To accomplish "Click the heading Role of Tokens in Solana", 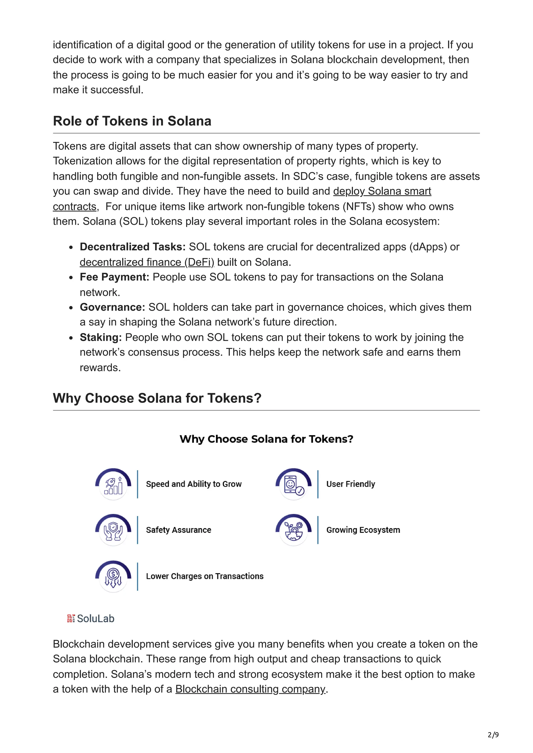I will pyautogui.click(x=132, y=121).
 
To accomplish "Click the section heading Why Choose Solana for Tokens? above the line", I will pyautogui.click(x=157, y=398).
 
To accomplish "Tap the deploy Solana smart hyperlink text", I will pyautogui.click(x=382, y=191).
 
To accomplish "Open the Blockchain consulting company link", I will pyautogui.click(x=250, y=689).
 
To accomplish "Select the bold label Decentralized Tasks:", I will pyautogui.click(x=133, y=247).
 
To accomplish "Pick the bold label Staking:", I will pyautogui.click(x=100, y=337).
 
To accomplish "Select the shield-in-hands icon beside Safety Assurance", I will pyautogui.click(x=113, y=531).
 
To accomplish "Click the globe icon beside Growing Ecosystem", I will pyautogui.click(x=293, y=531).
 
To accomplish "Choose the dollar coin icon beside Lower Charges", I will pyautogui.click(x=113, y=577).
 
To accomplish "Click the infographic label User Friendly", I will pyautogui.click(x=350, y=484).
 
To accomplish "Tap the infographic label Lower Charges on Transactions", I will pyautogui.click(x=205, y=576).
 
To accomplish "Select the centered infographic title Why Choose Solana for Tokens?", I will pyautogui.click(x=266, y=439).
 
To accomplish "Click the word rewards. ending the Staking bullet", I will pyautogui.click(x=100, y=368).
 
